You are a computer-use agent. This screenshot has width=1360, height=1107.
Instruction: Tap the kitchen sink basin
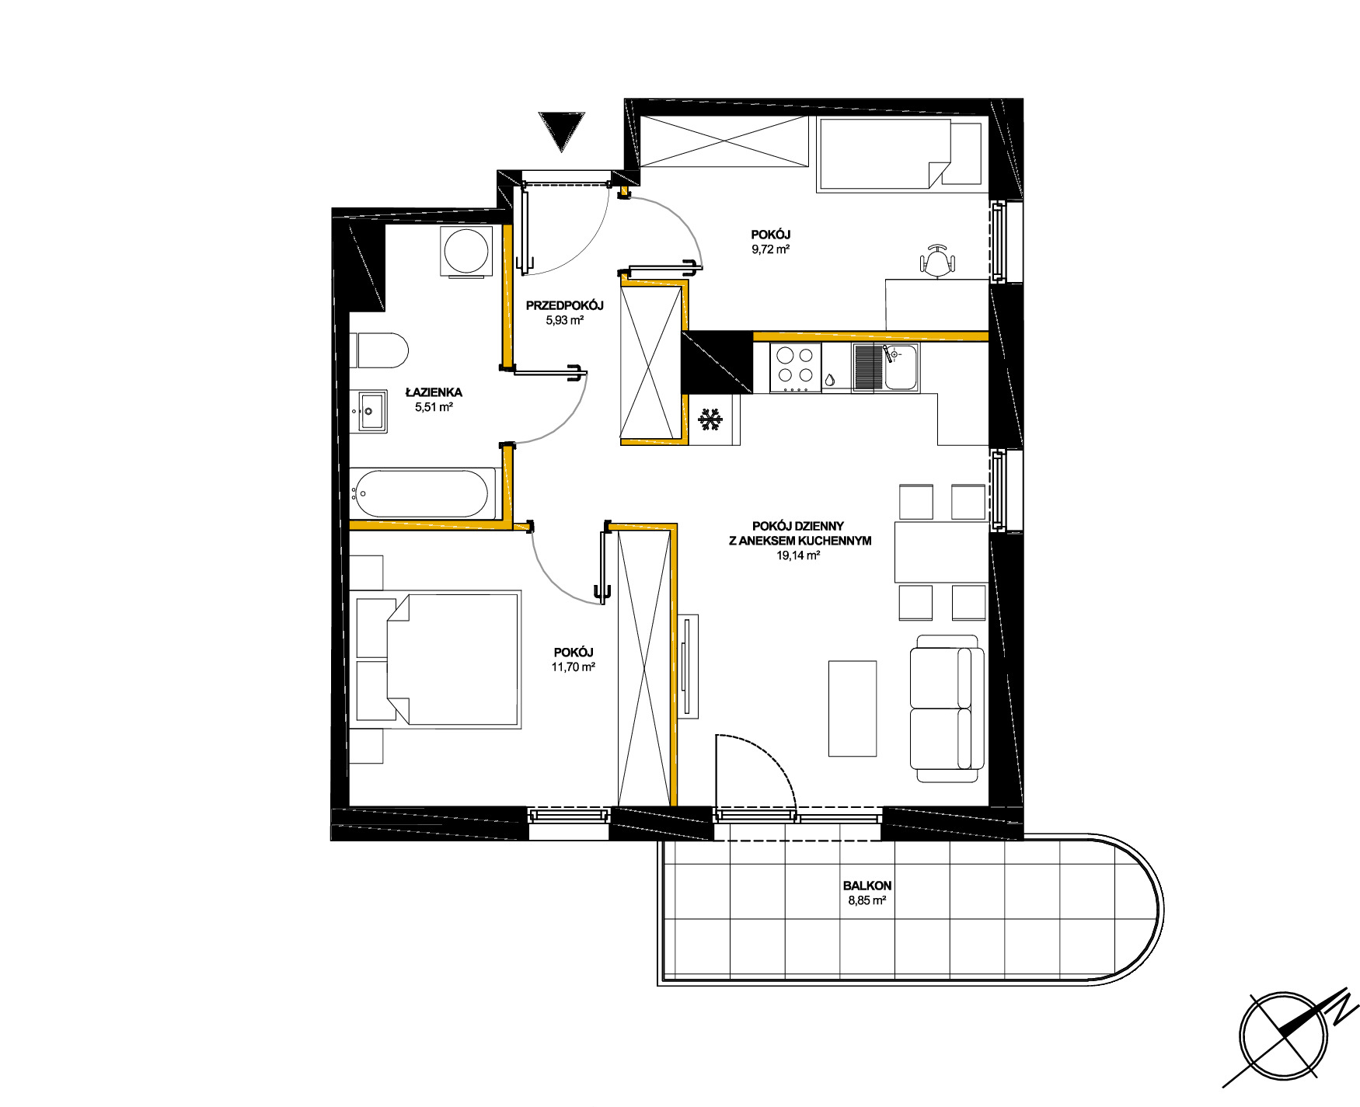[900, 367]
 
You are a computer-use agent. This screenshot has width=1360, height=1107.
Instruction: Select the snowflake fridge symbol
[710, 419]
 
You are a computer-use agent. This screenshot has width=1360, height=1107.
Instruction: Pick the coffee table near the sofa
[853, 708]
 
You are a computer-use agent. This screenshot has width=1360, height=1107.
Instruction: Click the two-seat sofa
[947, 708]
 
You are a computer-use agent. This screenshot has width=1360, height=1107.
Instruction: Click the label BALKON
[867, 886]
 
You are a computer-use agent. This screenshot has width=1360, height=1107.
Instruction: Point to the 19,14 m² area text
[800, 555]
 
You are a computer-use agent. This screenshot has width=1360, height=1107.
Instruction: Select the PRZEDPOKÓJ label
[564, 305]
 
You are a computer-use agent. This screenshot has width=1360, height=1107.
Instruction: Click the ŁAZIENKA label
[434, 392]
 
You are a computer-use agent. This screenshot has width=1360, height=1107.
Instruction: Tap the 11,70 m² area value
[574, 667]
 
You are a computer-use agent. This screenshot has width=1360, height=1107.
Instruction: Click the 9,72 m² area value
[771, 249]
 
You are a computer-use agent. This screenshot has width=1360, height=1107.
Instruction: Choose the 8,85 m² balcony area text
[867, 901]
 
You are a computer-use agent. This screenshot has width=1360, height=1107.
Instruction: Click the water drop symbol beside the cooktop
[831, 381]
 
